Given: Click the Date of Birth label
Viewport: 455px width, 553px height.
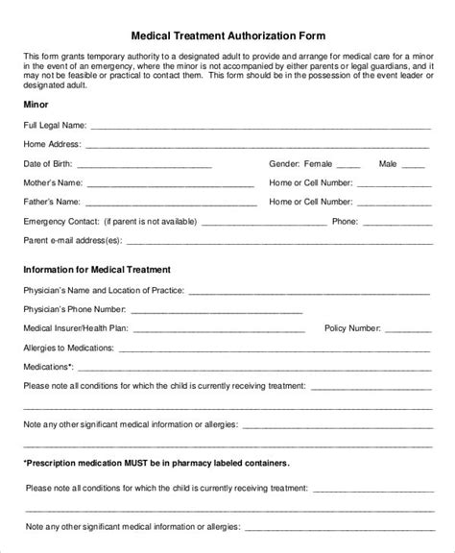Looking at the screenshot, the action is pos(50,165).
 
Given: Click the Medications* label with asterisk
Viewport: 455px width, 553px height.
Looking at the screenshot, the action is pos(49,367).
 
